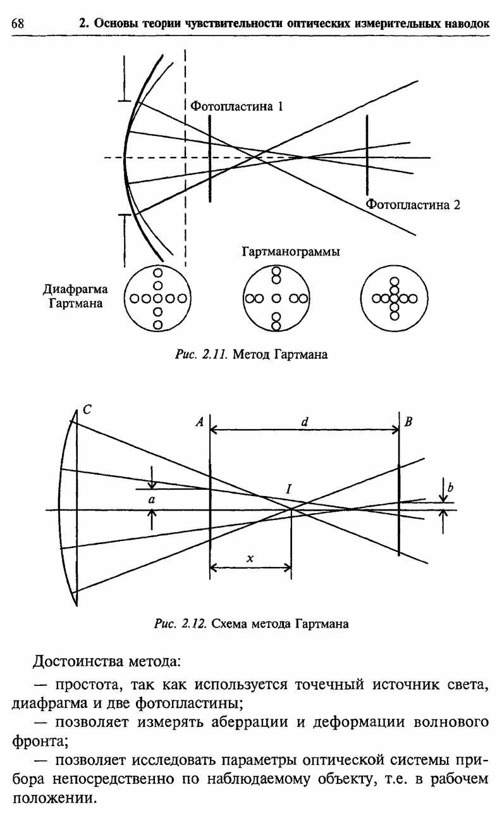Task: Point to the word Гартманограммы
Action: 291,252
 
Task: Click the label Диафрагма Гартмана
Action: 75,297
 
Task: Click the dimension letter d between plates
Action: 304,419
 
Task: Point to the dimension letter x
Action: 250,558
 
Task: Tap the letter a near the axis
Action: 150,499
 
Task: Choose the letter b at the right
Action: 450,487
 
